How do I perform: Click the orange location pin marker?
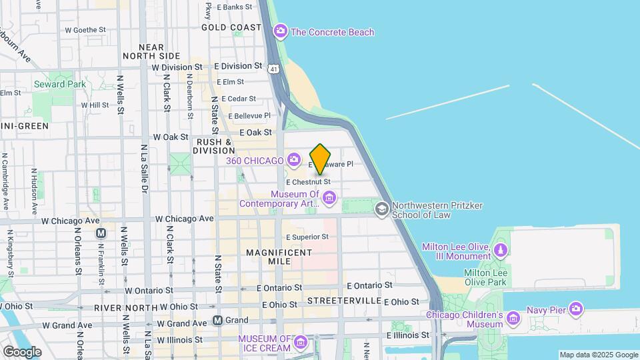320,159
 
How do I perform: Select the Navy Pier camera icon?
576,309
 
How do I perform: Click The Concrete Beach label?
332,32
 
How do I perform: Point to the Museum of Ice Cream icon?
300,343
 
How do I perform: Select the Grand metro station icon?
217,320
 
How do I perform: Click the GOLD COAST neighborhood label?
231,27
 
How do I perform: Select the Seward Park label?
60,84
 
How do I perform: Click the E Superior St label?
307,237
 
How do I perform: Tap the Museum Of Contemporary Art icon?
329,197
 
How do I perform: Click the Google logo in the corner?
22,351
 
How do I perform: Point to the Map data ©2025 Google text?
598,355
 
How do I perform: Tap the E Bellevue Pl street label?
248,115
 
